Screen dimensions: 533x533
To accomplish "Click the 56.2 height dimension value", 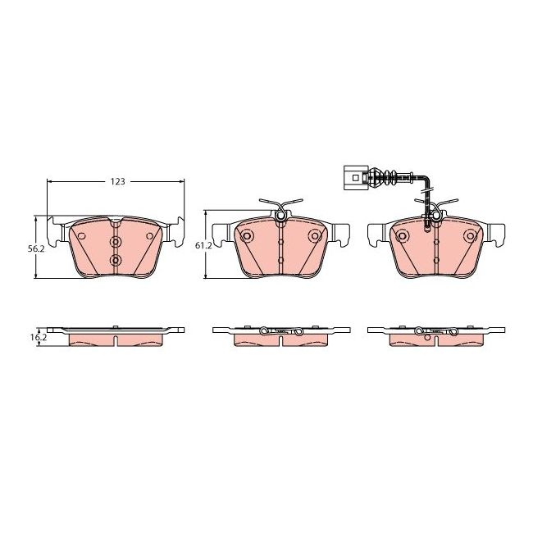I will (x=35, y=248).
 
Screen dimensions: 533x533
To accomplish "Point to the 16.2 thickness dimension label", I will (x=35, y=336).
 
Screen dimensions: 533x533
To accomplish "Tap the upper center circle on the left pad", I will (x=116, y=243).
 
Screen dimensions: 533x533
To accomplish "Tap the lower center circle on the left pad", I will (x=116, y=261).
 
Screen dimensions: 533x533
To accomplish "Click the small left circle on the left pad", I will (x=82, y=236).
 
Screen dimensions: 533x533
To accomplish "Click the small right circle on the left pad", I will (x=149, y=236).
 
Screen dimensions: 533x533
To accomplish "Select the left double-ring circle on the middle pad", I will (x=247, y=236).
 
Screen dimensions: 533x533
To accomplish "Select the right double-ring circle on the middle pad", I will (x=315, y=236).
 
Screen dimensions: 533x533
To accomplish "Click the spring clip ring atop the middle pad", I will (x=280, y=216).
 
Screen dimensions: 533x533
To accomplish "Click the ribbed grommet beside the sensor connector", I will (x=380, y=175).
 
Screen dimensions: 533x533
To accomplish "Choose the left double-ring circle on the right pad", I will (x=402, y=236).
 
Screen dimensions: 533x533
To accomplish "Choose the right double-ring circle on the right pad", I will (x=470, y=236).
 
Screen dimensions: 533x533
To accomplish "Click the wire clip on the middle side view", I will (x=280, y=331).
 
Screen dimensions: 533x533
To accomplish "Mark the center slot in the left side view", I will (x=116, y=330).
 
